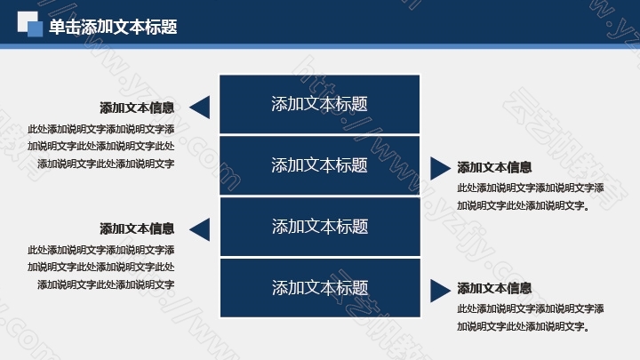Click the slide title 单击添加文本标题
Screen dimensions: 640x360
click(x=113, y=27)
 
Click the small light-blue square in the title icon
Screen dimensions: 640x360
click(x=35, y=29)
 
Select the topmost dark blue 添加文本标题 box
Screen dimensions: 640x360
click(x=319, y=104)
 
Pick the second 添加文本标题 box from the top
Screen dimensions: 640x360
click(x=319, y=165)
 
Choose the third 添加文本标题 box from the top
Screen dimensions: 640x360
click(x=320, y=227)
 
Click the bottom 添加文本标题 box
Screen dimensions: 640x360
click(x=320, y=288)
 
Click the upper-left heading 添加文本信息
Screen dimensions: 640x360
click(x=137, y=108)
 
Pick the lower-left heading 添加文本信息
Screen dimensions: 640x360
click(x=137, y=228)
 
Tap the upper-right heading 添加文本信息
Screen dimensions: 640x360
click(x=494, y=167)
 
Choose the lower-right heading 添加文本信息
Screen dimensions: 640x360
click(x=494, y=288)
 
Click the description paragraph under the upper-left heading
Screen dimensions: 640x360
click(x=101, y=146)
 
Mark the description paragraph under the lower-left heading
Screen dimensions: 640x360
click(x=101, y=267)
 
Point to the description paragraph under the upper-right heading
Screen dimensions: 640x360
click(x=530, y=196)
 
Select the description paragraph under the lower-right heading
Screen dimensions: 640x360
click(x=530, y=317)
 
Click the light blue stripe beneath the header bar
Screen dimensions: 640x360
click(x=320, y=46)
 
